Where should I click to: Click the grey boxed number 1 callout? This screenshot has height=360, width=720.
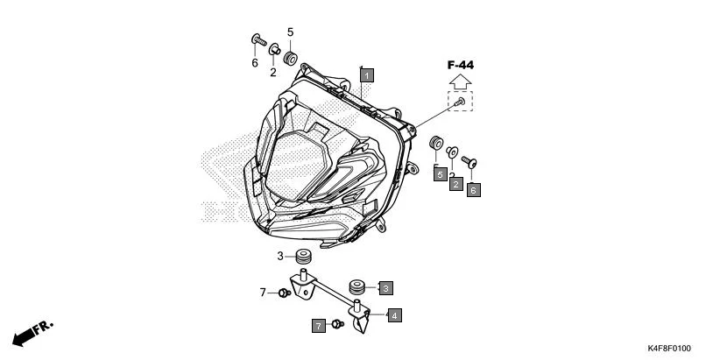[367, 75]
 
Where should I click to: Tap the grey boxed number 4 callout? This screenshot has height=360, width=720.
[395, 314]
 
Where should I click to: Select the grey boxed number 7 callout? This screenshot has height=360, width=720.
[318, 326]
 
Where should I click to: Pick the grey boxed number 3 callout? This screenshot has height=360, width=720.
[385, 286]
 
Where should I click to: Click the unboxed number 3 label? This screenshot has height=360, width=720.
[280, 257]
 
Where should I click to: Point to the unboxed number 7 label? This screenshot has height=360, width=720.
[262, 293]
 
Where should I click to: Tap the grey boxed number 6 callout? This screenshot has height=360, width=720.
[474, 187]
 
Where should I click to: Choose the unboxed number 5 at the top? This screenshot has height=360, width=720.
[290, 33]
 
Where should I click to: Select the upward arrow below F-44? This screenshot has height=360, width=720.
[460, 81]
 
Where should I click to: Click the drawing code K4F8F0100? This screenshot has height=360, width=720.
[668, 348]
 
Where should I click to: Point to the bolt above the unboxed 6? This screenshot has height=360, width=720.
[257, 39]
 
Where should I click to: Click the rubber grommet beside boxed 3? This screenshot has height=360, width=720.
[357, 286]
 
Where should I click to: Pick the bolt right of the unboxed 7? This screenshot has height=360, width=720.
[285, 293]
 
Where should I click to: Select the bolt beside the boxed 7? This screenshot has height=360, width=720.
[336, 326]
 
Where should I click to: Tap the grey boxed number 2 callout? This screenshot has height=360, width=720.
[455, 184]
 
